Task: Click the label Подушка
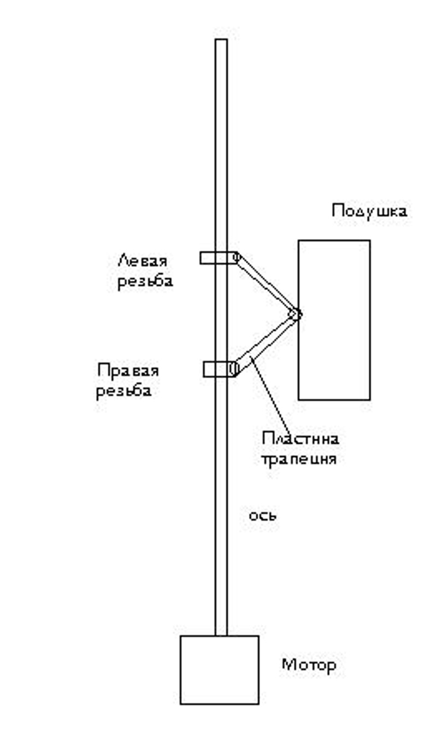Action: click(x=369, y=211)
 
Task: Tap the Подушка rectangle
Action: click(x=334, y=320)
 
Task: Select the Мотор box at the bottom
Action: click(x=219, y=669)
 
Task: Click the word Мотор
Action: click(x=309, y=665)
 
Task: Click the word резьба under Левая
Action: click(x=145, y=281)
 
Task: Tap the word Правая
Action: click(x=128, y=370)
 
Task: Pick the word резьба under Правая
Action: click(x=124, y=391)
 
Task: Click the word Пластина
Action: click(x=300, y=438)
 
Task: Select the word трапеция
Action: click(x=298, y=459)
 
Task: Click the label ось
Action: click(x=262, y=515)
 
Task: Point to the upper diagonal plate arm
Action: click(x=267, y=284)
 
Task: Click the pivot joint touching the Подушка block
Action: click(x=296, y=314)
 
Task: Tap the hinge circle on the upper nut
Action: click(x=237, y=257)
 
